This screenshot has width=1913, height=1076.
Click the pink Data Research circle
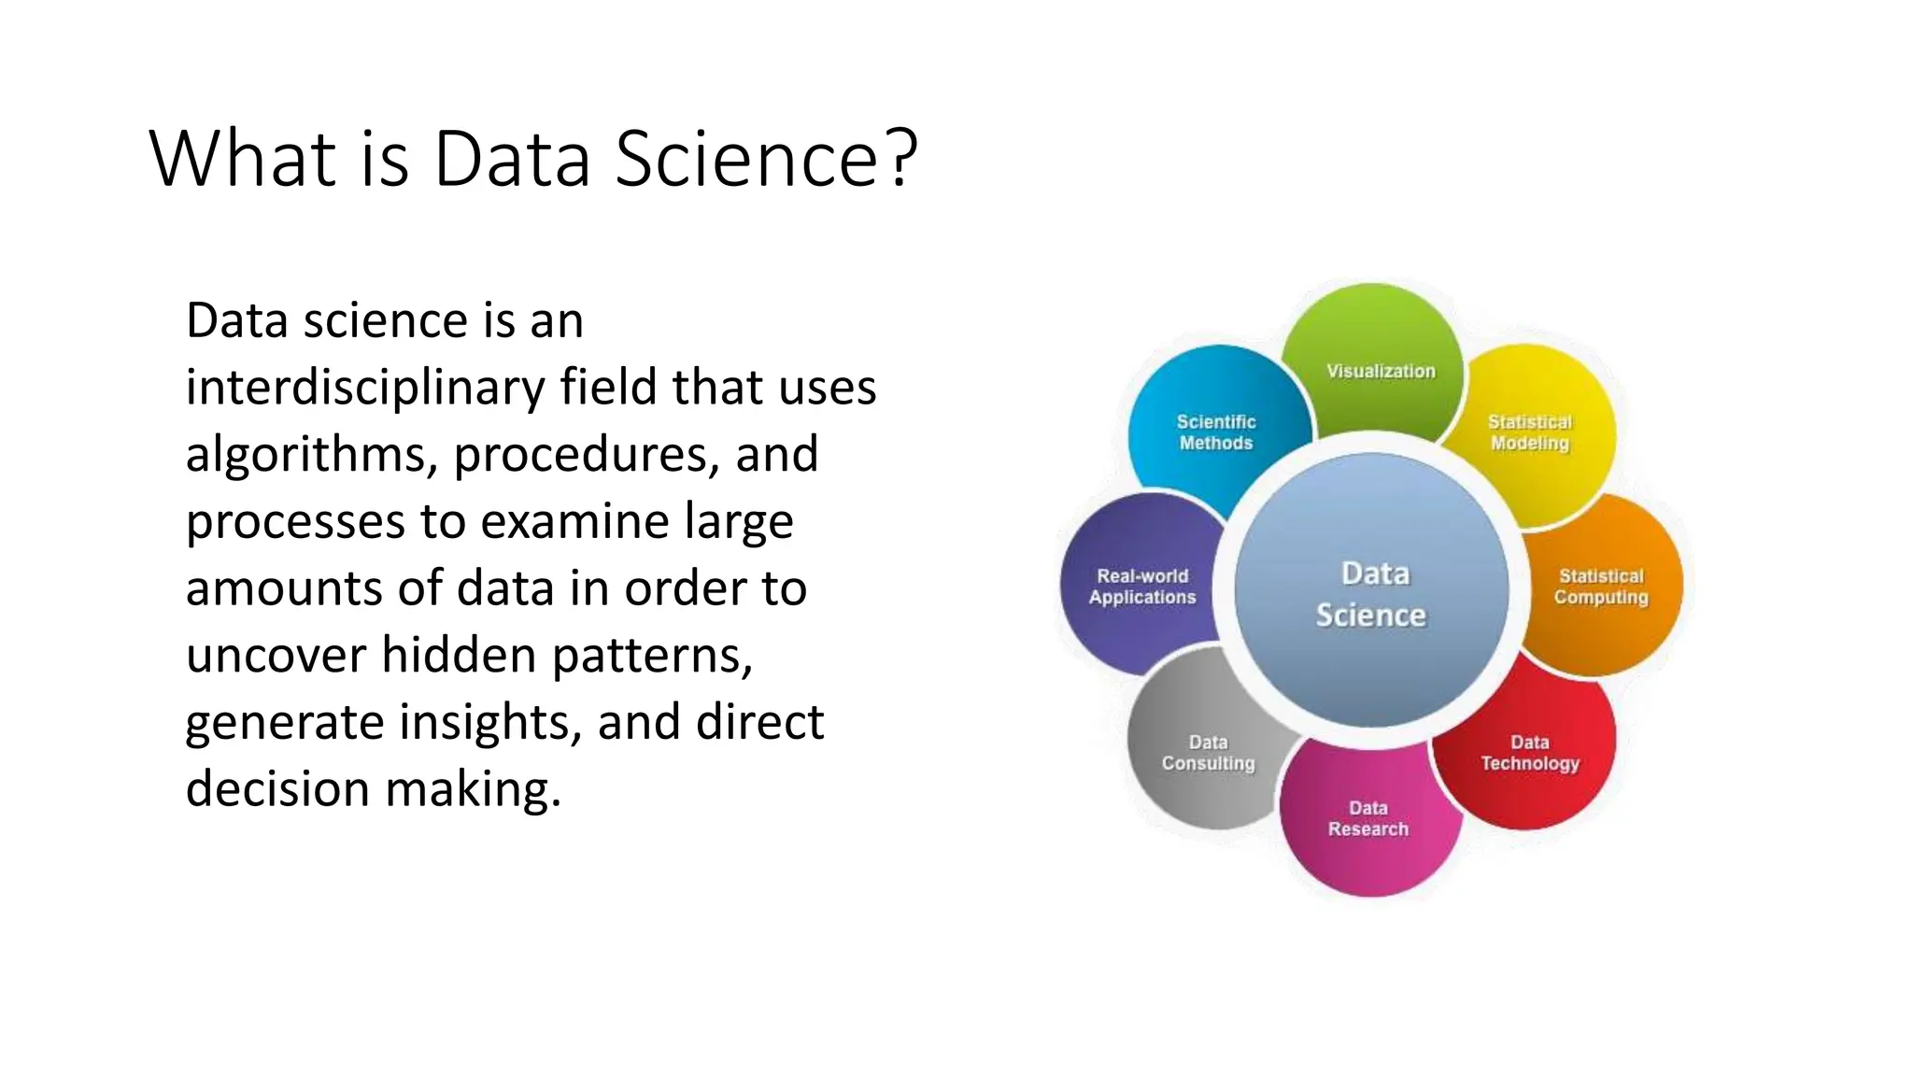coord(1368,822)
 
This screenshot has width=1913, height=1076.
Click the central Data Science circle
coord(1371,592)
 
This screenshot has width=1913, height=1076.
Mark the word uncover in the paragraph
coord(276,655)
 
